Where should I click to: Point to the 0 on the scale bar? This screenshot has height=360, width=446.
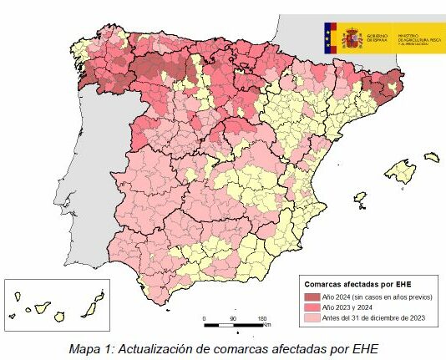205,319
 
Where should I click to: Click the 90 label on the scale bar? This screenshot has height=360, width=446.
233,319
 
